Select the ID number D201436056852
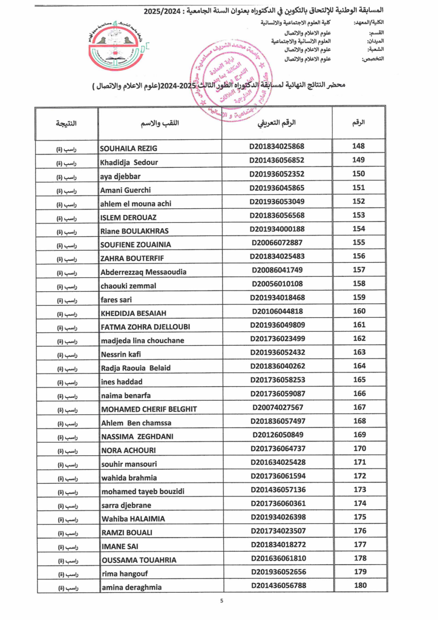point(276,160)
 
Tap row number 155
point(359,243)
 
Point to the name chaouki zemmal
point(128,285)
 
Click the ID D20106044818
point(276,311)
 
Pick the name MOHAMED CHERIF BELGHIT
point(148,409)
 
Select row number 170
point(359,448)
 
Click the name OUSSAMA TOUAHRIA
point(139,560)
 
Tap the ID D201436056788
point(276,585)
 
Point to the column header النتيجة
point(66,124)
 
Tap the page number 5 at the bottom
point(221,601)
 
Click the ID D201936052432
point(276,352)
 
